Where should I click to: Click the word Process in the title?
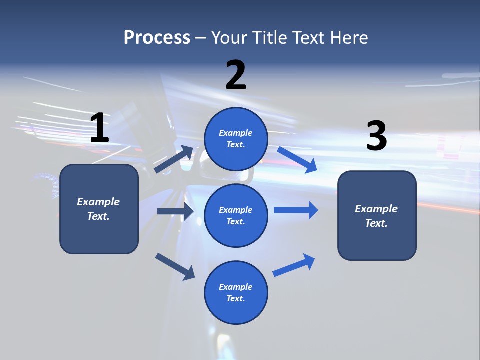coord(157,38)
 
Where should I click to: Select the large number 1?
coord(99,128)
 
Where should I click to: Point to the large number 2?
coord(236,75)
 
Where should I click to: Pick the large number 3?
coord(376,136)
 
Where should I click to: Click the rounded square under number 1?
coord(99,209)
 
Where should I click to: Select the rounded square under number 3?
coord(377,215)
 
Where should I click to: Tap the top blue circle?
coord(236,139)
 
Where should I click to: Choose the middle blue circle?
coord(236,215)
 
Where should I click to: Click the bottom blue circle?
coord(236,292)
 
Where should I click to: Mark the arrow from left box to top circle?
coord(174,159)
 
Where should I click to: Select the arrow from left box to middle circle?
coord(175,211)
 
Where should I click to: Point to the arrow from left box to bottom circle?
coord(175,266)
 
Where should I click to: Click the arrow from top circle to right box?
coord(297,159)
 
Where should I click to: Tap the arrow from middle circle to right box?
coord(296,210)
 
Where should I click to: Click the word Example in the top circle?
coord(236,133)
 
